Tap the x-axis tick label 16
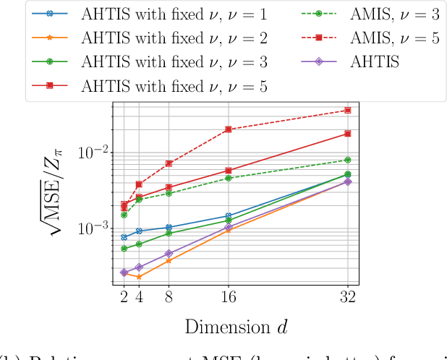coord(229,296)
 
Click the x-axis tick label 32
coord(348,296)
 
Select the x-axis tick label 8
coord(169,296)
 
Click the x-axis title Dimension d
coord(236,327)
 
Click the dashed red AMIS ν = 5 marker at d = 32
coord(348,111)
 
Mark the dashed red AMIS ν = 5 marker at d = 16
coord(229,129)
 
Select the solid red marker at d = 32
coord(348,134)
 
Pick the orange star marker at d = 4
coord(139,277)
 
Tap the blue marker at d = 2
coord(124,237)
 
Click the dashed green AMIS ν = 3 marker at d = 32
coord(348,160)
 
